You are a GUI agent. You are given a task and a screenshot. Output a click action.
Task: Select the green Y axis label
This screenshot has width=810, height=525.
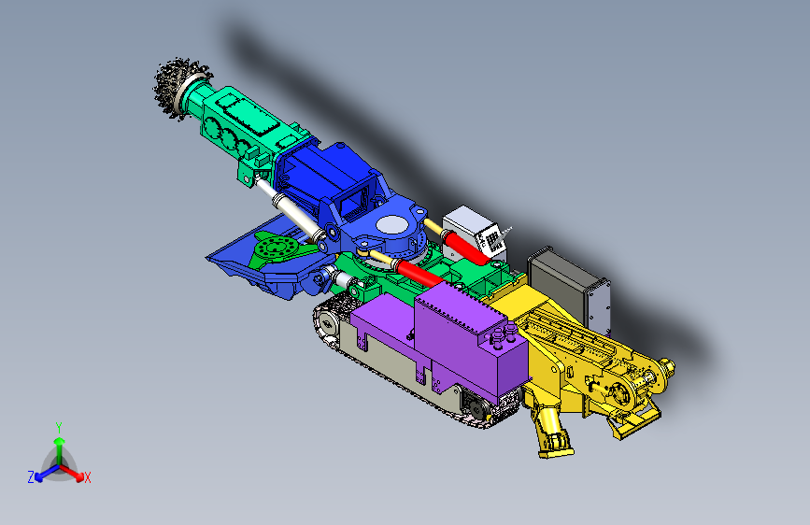pos(58,426)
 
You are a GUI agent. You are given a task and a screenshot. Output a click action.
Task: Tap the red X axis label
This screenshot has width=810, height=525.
pos(88,477)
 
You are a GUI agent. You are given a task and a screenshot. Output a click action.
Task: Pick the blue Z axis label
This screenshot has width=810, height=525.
pos(31,477)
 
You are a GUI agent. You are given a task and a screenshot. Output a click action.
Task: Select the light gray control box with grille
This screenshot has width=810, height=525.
pos(476,233)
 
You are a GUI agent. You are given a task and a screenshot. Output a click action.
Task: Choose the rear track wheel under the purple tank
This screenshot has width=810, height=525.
pos(472,404)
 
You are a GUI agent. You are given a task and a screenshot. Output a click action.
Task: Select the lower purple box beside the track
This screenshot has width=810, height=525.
pos(383,327)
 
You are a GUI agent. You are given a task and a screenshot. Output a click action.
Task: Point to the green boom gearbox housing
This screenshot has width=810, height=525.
pos(243,121)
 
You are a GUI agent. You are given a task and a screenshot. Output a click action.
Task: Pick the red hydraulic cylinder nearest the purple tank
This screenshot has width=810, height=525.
pos(416,273)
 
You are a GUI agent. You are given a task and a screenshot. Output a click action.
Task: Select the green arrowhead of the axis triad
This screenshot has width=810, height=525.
pos(59,442)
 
